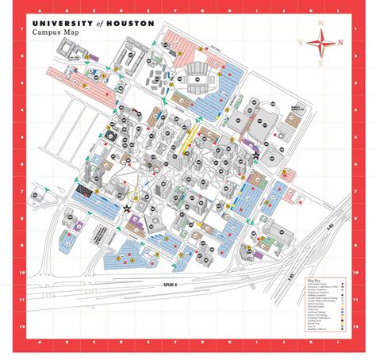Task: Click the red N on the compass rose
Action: [341, 43]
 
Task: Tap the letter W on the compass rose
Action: [320, 23]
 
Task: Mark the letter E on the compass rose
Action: [321, 63]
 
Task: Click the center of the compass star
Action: [321, 43]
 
